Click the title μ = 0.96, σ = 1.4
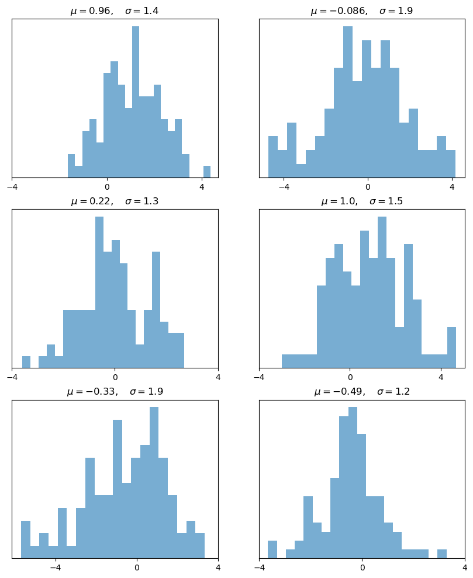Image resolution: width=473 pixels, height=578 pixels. (x=115, y=11)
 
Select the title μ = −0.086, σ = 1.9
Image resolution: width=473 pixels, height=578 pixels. (x=361, y=11)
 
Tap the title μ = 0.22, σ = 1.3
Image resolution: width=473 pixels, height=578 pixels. (x=115, y=201)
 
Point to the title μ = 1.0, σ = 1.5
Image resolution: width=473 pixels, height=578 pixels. (x=361, y=201)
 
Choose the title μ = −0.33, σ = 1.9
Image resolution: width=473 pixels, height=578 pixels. (x=115, y=392)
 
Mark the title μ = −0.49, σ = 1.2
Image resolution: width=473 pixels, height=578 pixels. (x=361, y=392)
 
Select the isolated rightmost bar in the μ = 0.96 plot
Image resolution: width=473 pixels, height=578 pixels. (x=207, y=172)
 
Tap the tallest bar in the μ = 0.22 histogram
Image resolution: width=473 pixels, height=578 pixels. (x=99, y=292)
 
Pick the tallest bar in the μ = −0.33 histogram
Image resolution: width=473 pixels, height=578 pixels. (x=154, y=482)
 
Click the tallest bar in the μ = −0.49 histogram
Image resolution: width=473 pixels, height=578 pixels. (x=353, y=482)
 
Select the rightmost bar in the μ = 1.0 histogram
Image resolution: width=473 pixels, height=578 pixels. (x=451, y=347)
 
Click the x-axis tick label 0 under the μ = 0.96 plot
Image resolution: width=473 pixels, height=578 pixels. (x=107, y=187)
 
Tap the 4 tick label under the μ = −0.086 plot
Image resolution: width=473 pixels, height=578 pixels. (x=452, y=187)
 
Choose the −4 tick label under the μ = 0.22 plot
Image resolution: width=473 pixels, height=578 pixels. (x=12, y=378)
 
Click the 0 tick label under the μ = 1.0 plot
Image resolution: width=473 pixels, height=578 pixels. (x=350, y=378)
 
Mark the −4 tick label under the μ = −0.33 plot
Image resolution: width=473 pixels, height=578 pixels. (x=55, y=568)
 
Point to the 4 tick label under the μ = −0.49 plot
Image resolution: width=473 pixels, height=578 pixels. (x=465, y=568)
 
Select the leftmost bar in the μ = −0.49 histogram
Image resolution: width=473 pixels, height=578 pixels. (x=272, y=549)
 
